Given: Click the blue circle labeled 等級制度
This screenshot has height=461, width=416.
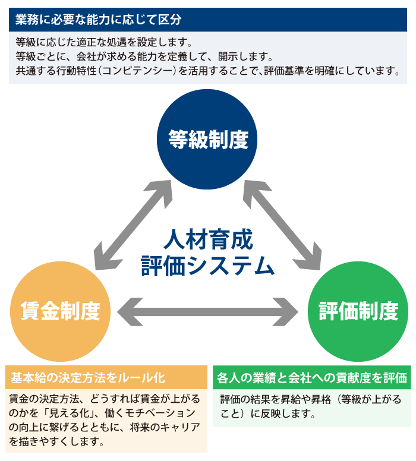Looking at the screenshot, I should tap(207, 140).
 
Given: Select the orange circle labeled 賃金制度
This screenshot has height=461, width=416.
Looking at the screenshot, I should tap(60, 311).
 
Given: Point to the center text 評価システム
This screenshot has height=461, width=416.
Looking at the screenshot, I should tap(208, 266).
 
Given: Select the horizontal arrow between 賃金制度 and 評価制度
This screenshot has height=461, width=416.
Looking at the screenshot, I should tap(208, 311).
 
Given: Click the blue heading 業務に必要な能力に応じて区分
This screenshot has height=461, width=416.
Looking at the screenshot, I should tap(99, 19).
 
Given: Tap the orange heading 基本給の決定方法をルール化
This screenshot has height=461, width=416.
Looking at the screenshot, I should tap(88, 378).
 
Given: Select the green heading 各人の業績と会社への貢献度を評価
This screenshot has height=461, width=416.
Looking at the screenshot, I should tap(312, 378).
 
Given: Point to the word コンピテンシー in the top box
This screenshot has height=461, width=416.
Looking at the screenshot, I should tap(156, 71).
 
